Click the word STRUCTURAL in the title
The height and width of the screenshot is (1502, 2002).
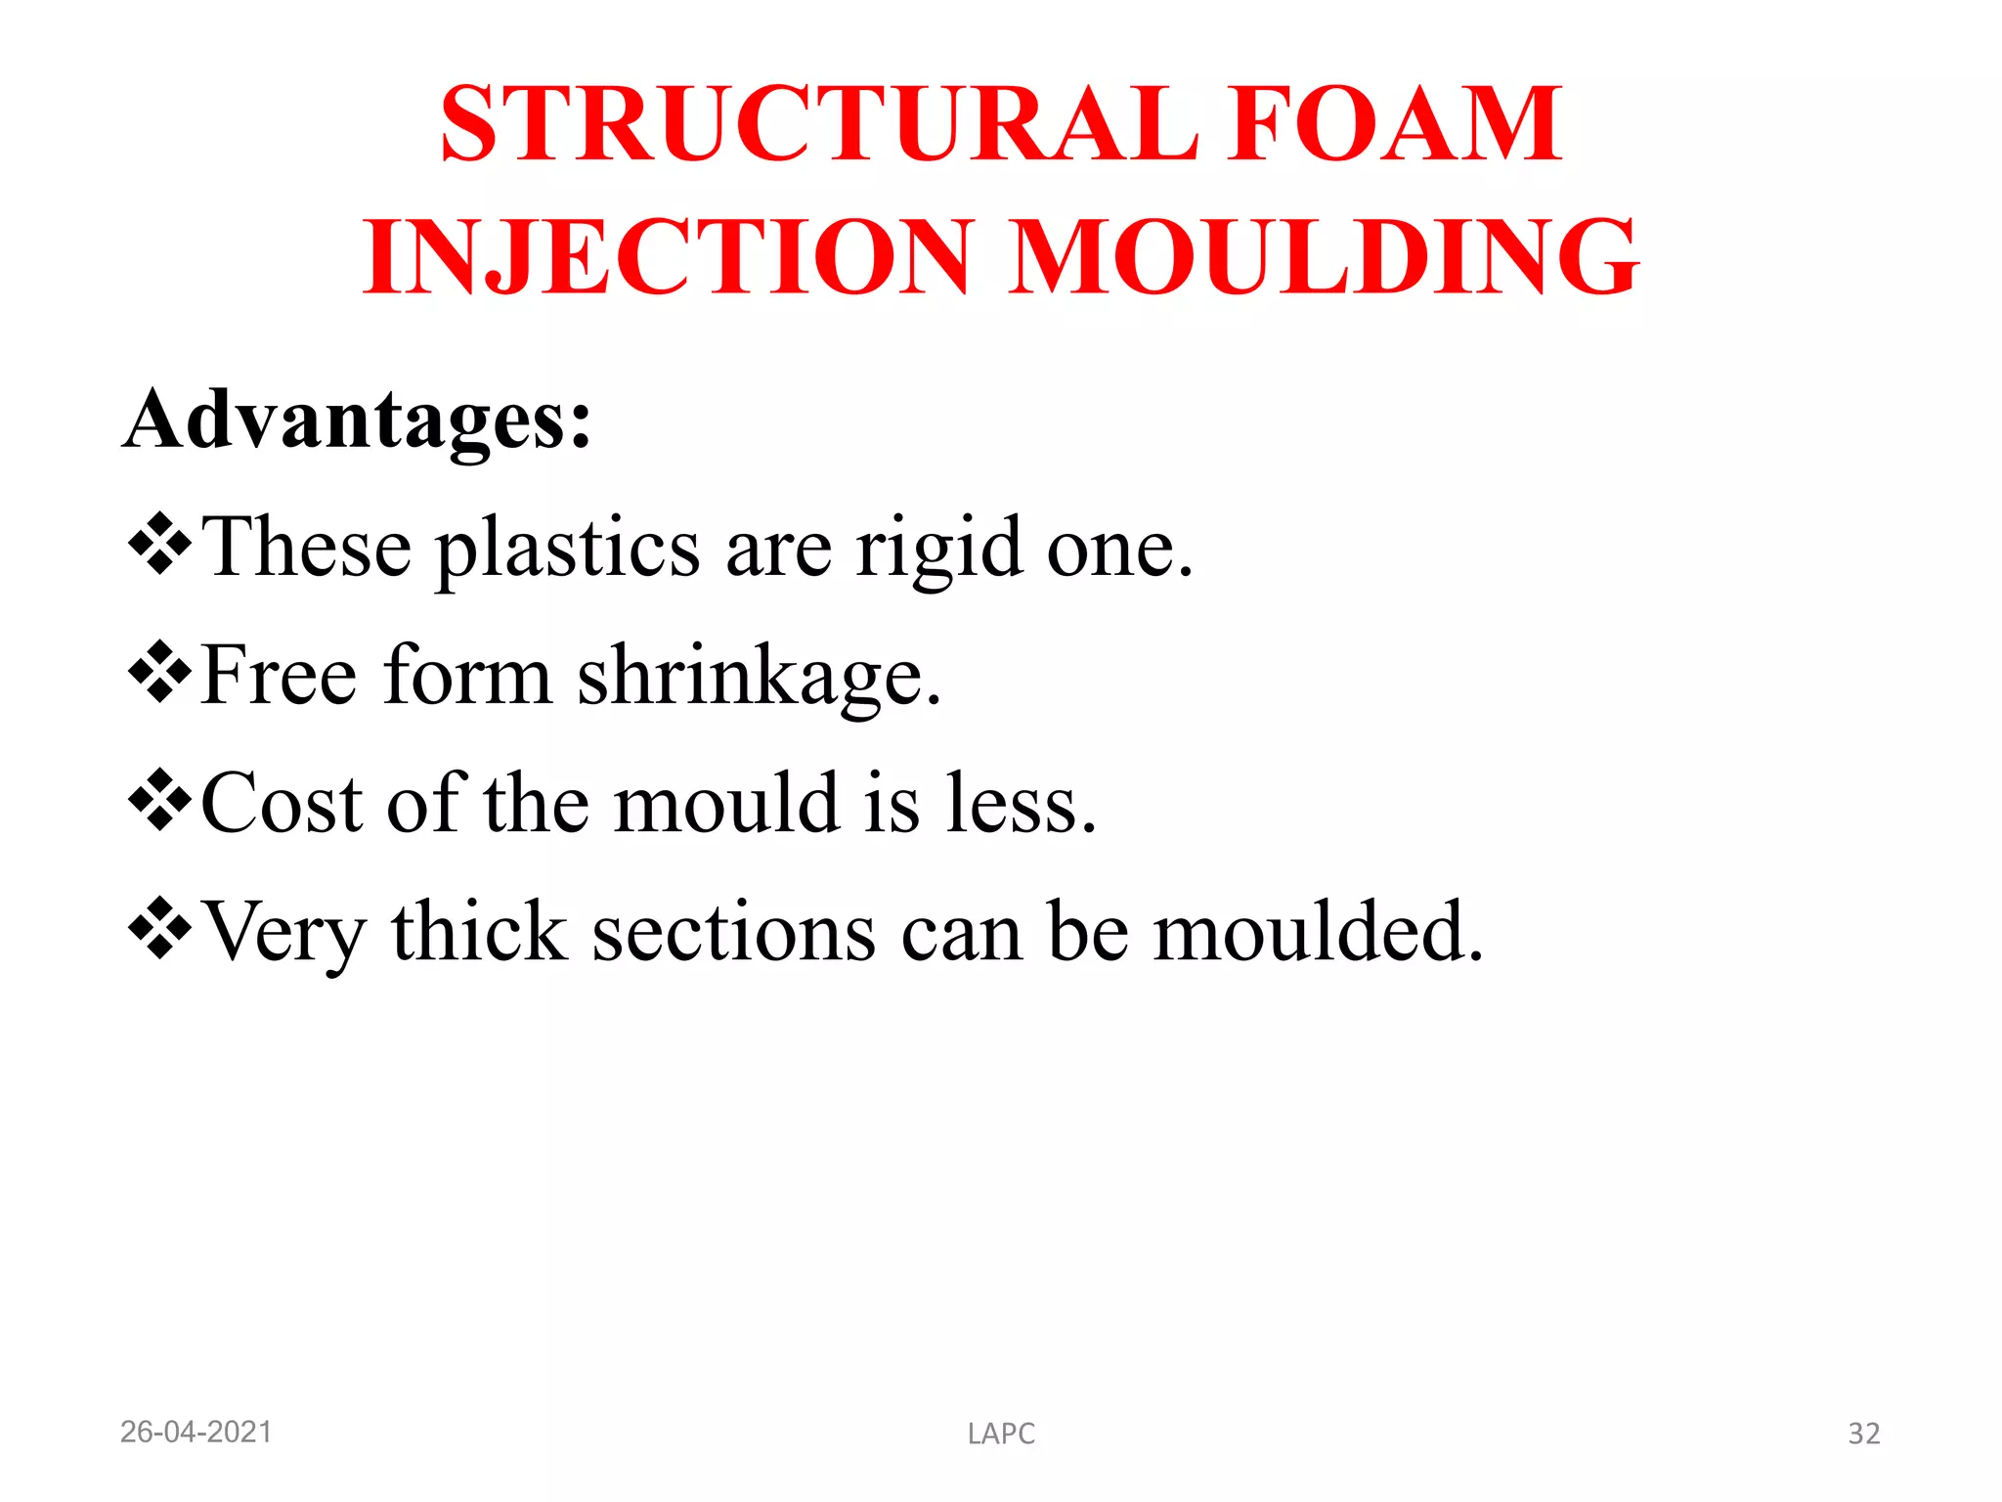pos(819,124)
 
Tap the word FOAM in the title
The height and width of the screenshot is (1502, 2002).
pos(1396,124)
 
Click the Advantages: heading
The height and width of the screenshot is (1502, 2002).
pos(358,420)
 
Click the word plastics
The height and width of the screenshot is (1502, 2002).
pos(567,550)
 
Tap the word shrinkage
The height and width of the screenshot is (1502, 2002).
pos(759,678)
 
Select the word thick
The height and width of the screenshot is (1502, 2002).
pos(479,932)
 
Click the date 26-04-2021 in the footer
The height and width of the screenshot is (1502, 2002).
pos(196,1433)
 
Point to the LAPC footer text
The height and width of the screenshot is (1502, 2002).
pos(1001,1435)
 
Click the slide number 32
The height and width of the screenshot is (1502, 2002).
pos(1863,1435)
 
